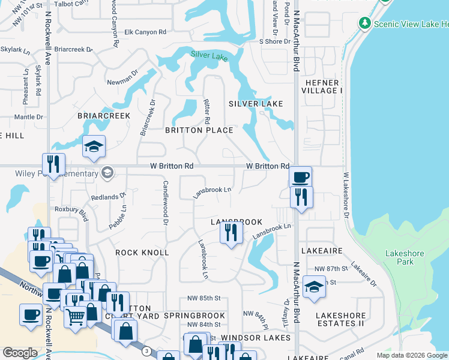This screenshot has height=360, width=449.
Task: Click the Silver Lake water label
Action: (x=209, y=55)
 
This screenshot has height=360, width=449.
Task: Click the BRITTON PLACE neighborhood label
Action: (x=199, y=130)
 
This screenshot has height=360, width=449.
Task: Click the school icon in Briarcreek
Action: (x=94, y=147)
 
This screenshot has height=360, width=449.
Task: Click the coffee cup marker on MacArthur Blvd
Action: (x=300, y=177)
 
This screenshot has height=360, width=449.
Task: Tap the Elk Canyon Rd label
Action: (x=145, y=32)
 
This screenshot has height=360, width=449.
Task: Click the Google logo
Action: (x=20, y=353)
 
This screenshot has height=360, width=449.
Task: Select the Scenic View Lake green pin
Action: (x=364, y=23)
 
